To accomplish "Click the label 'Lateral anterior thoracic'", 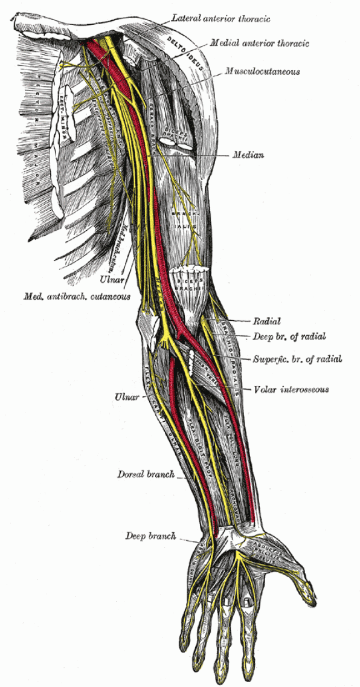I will point(220,19).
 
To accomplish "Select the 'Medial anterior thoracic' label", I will point(260,44).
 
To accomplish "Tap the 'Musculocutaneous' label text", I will point(262,71).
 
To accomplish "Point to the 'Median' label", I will point(248,155).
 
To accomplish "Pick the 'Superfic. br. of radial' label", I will point(297,359).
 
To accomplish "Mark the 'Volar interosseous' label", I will point(292,390).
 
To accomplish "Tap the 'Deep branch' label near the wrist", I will point(150,535).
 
